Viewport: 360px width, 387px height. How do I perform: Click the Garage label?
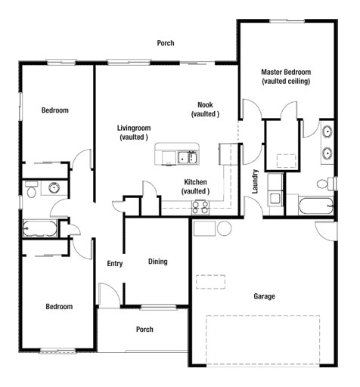pyautogui.click(x=264, y=296)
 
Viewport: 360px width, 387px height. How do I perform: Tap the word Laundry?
pyautogui.click(x=256, y=181)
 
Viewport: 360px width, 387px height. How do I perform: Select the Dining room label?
pyautogui.click(x=157, y=262)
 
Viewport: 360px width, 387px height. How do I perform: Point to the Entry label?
pyautogui.click(x=115, y=264)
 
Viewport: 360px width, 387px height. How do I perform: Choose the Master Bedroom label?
pyautogui.click(x=285, y=76)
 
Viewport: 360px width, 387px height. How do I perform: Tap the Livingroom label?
pyautogui.click(x=133, y=132)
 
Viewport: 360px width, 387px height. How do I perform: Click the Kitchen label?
pyautogui.click(x=195, y=187)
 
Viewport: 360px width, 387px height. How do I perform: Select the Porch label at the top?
pyautogui.click(x=166, y=43)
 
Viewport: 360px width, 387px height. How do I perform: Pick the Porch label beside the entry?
pyautogui.click(x=144, y=330)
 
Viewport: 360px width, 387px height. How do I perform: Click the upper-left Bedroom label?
pyautogui.click(x=54, y=110)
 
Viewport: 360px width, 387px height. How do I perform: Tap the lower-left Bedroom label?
pyautogui.click(x=58, y=306)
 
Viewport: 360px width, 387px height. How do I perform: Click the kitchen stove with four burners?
pyautogui.click(x=200, y=206)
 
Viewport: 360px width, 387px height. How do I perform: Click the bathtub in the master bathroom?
pyautogui.click(x=314, y=206)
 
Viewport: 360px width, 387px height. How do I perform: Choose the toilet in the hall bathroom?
pyautogui.click(x=30, y=192)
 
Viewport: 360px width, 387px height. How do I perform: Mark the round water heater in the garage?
pyautogui.click(x=224, y=228)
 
